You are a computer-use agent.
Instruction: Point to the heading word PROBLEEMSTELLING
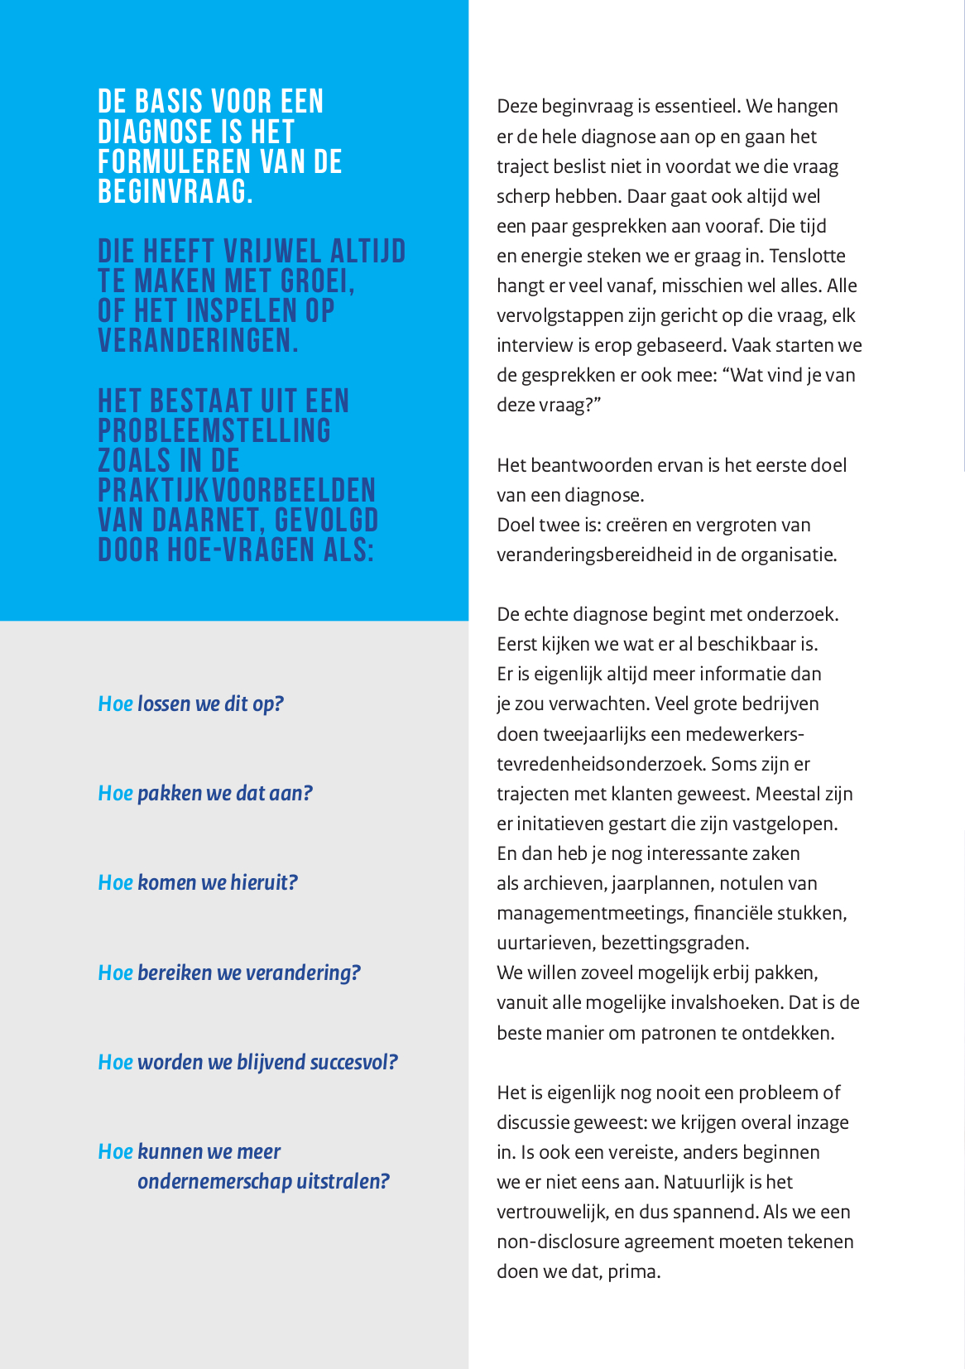coord(214,431)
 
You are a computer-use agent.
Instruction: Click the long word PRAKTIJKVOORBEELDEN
coord(237,491)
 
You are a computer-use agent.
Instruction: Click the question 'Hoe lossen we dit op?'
coord(190,704)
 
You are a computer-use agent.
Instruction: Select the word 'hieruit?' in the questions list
coord(264,883)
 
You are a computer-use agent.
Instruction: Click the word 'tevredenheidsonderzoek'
coord(601,764)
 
